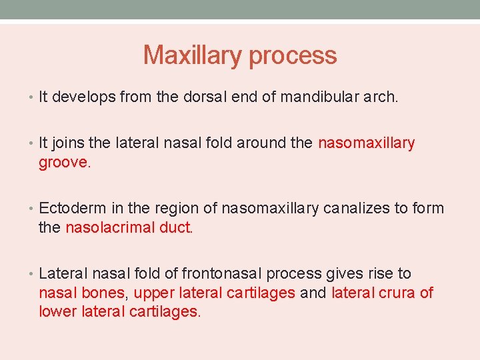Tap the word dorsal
205,97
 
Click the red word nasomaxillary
367,143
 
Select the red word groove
64,163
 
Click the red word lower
59,312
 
